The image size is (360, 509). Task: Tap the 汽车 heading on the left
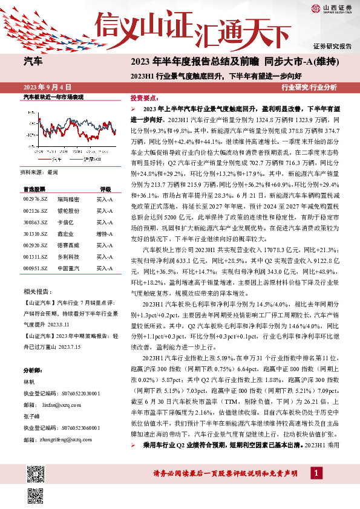tap(33, 61)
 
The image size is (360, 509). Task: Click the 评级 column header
tap(105, 189)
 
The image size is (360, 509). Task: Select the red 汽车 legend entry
tap(55, 159)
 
